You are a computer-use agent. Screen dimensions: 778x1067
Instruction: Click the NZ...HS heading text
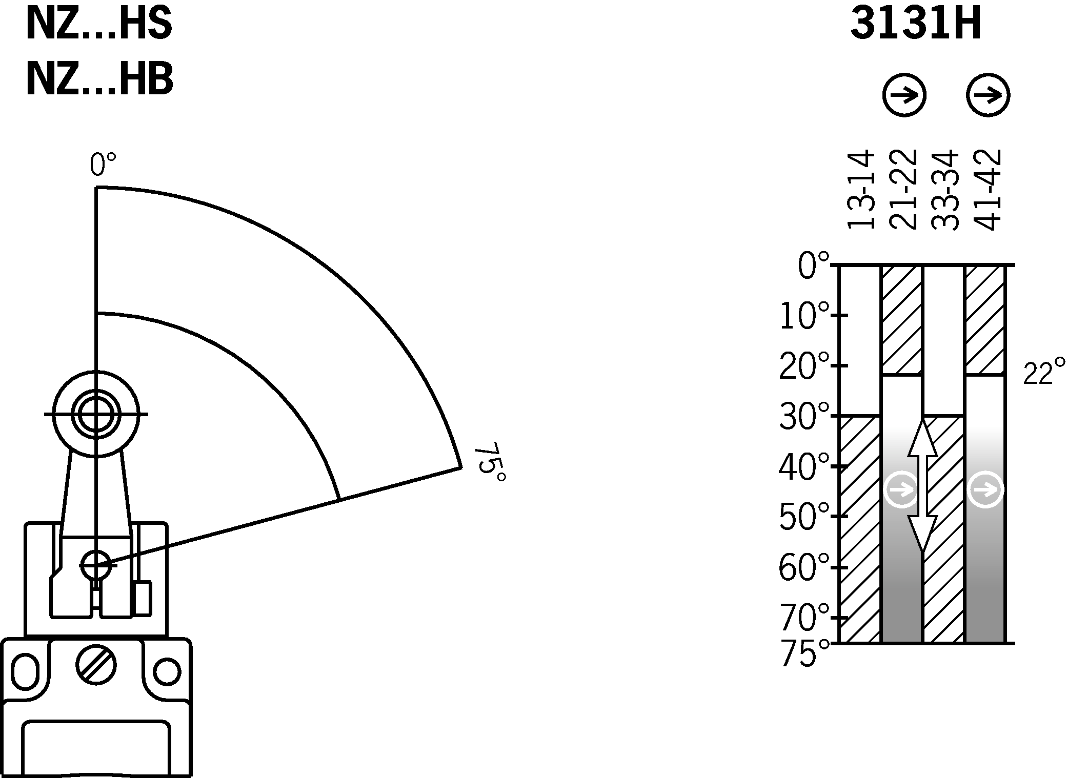[98, 25]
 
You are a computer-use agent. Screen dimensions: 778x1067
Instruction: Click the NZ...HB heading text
[99, 80]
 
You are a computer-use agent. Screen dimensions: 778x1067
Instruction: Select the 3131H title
[915, 25]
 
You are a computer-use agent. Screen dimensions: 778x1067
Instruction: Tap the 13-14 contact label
[860, 190]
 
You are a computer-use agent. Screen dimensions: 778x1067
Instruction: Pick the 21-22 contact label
[902, 190]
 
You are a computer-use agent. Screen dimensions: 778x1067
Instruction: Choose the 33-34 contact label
[944, 190]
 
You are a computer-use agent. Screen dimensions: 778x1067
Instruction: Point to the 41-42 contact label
[987, 190]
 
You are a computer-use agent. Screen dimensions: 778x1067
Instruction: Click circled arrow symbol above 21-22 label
[904, 95]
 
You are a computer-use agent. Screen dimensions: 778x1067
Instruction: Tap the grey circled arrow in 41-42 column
[985, 490]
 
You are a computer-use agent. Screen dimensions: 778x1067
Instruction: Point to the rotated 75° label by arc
[490, 462]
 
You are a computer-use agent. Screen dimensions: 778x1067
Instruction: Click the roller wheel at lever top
[96, 414]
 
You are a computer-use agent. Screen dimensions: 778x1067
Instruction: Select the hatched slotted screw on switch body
[96, 665]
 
